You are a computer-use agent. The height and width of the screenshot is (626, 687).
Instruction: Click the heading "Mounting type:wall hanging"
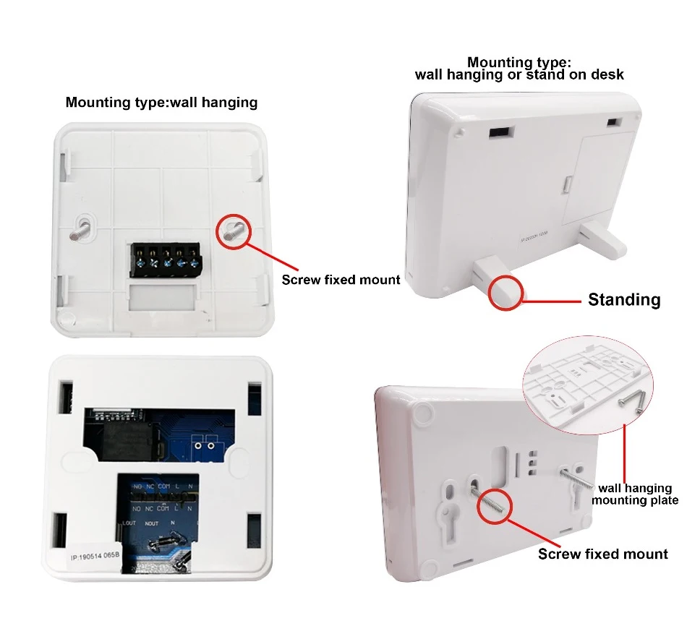(161, 102)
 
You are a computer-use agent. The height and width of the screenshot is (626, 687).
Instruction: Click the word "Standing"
(623, 299)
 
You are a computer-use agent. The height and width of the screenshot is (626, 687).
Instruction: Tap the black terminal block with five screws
(164, 259)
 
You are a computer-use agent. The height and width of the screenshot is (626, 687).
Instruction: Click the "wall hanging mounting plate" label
(634, 494)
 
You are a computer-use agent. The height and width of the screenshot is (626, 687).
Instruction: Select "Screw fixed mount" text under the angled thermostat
(602, 554)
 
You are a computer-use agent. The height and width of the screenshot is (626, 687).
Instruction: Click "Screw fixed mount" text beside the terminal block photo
(341, 280)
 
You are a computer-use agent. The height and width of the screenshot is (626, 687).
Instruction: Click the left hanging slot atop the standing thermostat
(500, 133)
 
